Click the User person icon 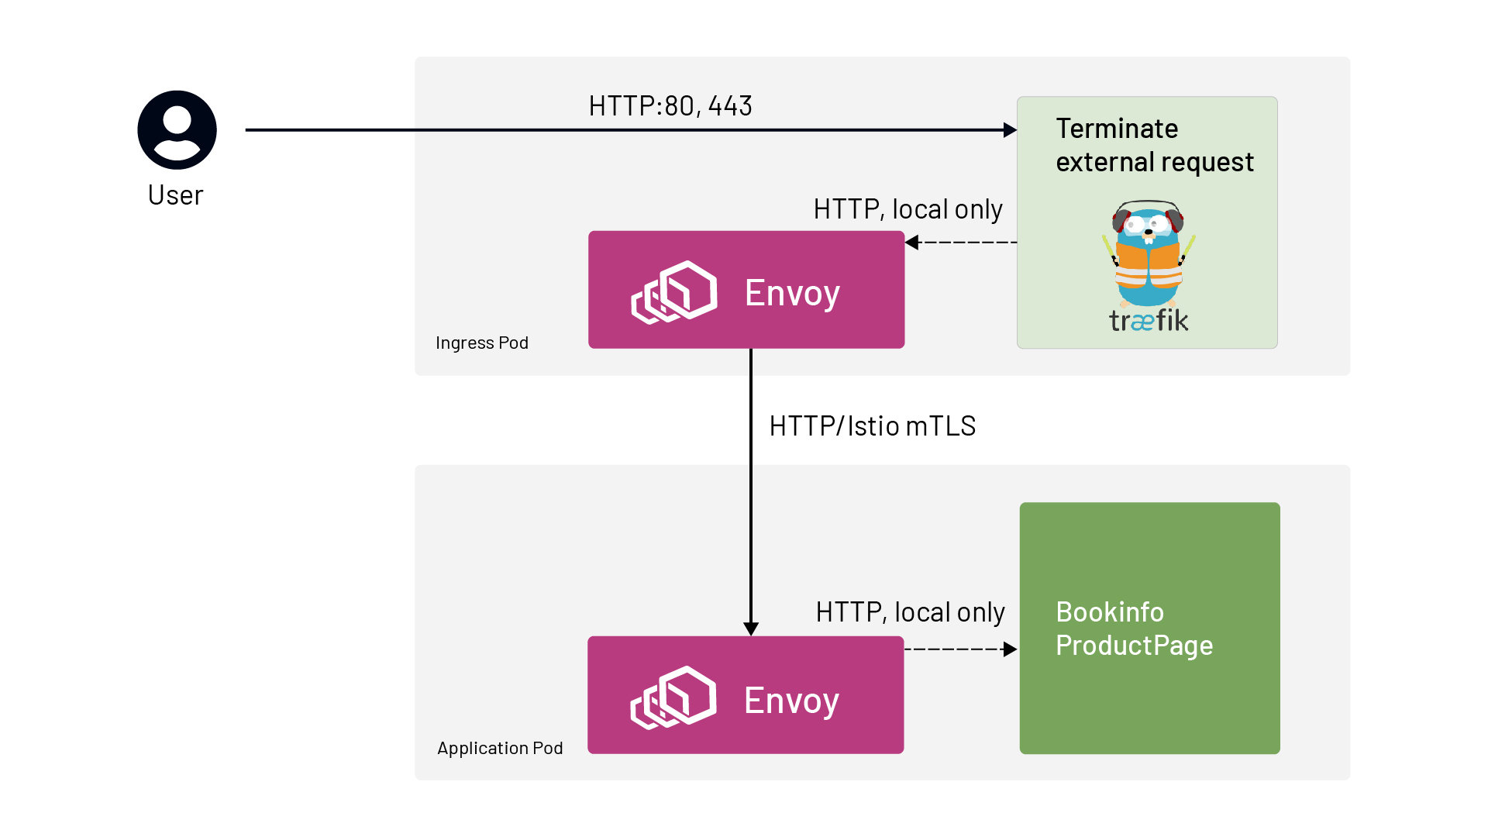point(177,130)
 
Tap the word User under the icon point(175,195)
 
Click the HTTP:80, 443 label point(670,106)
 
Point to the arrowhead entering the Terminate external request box point(1010,130)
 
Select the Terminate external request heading point(1154,145)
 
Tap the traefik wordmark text point(1148,321)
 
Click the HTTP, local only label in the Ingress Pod point(908,209)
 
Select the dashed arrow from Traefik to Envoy point(961,243)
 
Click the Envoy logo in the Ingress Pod point(674,291)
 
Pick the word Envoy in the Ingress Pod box point(792,293)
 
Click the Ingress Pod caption point(482,343)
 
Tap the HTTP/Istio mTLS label point(872,426)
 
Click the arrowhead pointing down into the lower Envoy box point(751,629)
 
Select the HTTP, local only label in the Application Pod point(910,612)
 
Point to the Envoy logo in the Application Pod point(673,697)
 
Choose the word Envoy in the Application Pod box point(791,701)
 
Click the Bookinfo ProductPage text point(1134,629)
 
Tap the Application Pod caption point(500,748)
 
